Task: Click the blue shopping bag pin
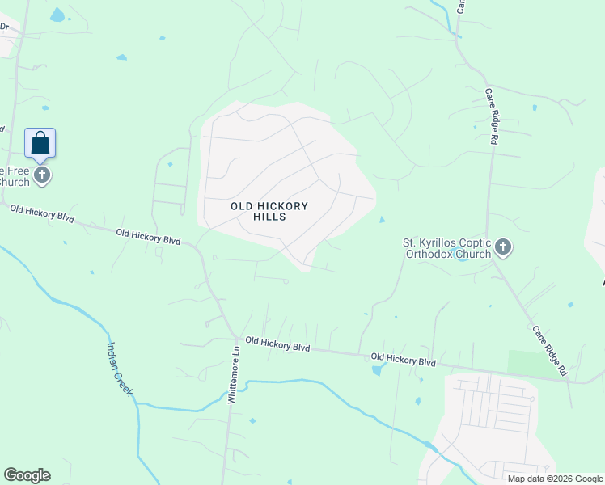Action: [40, 144]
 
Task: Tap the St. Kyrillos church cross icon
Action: [503, 247]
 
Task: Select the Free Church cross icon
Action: [41, 175]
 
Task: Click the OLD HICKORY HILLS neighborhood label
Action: [269, 211]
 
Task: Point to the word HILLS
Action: [269, 217]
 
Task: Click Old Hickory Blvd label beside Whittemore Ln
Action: [278, 346]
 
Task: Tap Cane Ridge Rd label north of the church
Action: [491, 117]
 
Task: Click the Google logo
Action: [27, 475]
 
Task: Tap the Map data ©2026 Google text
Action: [555, 479]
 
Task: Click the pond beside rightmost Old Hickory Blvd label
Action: [377, 371]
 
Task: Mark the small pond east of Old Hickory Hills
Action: [382, 219]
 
